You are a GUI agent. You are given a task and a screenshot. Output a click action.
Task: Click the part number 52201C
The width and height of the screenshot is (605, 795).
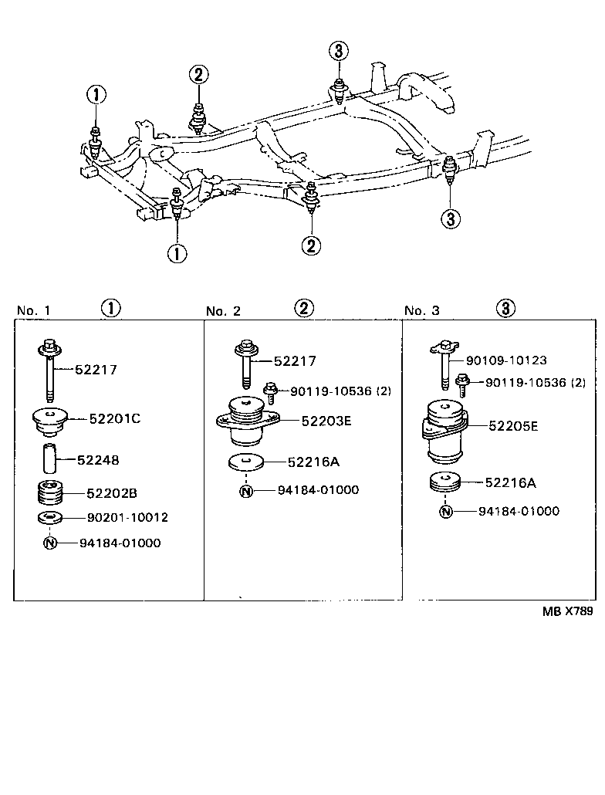114,419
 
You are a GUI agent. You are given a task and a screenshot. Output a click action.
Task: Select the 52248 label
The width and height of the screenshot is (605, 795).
98,460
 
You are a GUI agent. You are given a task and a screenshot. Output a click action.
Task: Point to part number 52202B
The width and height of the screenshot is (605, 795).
111,492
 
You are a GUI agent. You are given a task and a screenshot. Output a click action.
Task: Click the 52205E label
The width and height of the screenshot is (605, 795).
512,425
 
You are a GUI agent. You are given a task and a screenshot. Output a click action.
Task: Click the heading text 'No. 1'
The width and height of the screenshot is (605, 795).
33,311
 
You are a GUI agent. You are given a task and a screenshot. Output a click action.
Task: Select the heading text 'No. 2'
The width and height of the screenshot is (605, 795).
224,311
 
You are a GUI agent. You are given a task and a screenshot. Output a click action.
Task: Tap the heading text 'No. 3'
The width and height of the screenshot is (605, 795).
422,311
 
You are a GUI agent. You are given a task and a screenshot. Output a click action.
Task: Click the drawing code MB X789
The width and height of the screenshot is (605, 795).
566,611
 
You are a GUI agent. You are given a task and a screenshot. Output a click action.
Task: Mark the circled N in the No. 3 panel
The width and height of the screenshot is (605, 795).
444,511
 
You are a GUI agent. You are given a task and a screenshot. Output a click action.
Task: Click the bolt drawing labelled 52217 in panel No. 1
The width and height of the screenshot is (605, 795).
50,370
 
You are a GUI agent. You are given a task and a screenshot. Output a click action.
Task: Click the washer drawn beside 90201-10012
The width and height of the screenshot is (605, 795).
50,517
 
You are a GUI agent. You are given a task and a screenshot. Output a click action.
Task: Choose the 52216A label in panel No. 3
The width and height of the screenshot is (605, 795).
510,483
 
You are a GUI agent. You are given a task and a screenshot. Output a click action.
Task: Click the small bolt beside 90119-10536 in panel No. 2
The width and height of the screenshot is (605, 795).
270,391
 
